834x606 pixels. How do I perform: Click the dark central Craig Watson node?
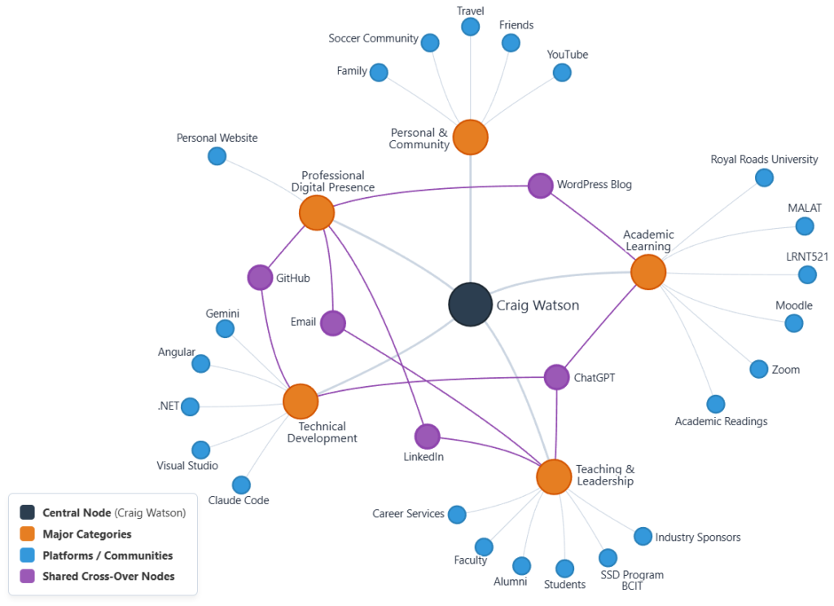470,305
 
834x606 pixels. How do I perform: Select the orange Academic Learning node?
647,272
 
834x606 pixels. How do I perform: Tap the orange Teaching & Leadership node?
554,476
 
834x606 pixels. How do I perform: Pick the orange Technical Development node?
301,402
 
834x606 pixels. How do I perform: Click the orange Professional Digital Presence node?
317,213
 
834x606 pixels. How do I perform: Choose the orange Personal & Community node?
470,138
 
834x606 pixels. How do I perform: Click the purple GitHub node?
260,277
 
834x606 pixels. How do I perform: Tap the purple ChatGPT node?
556,377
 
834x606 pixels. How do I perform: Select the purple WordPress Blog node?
541,186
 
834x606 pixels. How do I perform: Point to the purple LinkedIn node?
427,437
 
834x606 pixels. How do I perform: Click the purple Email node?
333,323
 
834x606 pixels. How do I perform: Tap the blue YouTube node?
562,72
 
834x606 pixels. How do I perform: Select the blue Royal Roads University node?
764,178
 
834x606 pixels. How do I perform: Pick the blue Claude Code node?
241,485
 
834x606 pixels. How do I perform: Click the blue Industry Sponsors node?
643,536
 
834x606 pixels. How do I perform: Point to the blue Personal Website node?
217,156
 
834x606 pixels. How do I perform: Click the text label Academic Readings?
721,421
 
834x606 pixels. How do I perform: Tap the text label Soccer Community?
373,38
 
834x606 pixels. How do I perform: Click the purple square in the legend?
27,576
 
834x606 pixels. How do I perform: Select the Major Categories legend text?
87,534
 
